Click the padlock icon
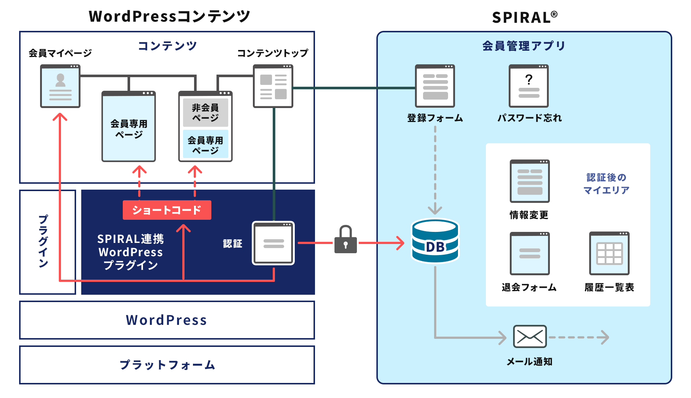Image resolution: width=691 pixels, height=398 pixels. (x=345, y=240)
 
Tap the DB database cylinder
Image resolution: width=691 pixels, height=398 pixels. (x=435, y=241)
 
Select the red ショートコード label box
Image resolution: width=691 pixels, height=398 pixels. (x=167, y=210)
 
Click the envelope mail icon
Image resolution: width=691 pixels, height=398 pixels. (x=530, y=336)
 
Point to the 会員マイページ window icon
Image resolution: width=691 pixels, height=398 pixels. (x=60, y=86)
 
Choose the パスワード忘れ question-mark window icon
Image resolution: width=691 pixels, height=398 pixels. (x=529, y=86)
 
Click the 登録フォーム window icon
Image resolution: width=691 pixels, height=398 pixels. (x=435, y=86)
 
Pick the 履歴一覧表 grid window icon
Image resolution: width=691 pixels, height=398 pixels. (x=609, y=253)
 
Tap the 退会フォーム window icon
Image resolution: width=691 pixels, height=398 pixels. (x=530, y=253)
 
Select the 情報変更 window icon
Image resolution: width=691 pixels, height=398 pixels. (x=530, y=181)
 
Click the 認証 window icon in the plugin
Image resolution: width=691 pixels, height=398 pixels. (x=273, y=243)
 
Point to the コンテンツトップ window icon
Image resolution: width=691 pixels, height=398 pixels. (x=273, y=86)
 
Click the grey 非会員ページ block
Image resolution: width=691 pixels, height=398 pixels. (x=205, y=112)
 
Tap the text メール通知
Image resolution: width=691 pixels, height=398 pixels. (x=529, y=362)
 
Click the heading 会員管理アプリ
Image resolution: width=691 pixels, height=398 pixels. (x=524, y=46)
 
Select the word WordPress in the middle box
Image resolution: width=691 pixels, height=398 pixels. (x=167, y=320)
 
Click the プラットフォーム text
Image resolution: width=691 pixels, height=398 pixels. (x=167, y=365)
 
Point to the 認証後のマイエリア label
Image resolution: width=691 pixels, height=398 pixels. (x=606, y=184)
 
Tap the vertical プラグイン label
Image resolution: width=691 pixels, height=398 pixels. (x=43, y=241)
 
